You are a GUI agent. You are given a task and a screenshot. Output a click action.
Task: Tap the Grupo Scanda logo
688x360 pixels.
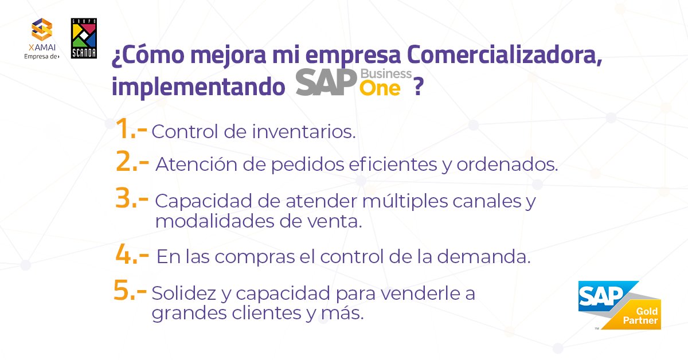click(83, 38)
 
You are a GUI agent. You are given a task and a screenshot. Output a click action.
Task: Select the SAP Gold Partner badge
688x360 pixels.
click(619, 305)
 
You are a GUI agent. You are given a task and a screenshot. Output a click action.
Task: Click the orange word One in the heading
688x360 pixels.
click(380, 88)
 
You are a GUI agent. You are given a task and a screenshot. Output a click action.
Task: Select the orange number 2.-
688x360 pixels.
click(133, 163)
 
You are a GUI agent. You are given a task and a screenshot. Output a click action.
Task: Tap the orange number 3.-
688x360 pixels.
click(132, 199)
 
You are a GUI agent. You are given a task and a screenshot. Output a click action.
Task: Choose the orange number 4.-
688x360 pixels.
click(132, 255)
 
